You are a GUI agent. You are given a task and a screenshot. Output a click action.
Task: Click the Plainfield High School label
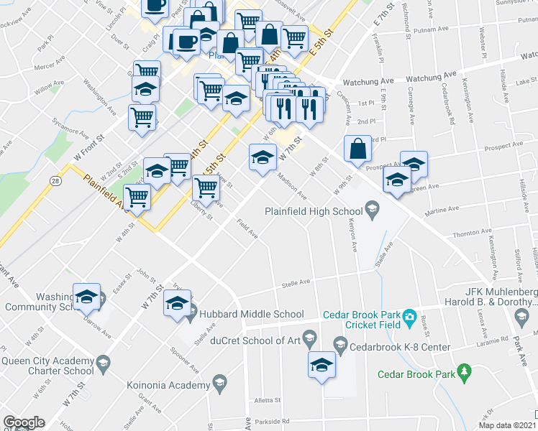[x=313, y=211]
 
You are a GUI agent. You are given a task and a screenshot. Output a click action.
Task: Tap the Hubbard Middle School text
[x=246, y=314]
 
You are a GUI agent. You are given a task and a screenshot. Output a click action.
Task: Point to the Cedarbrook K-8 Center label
[x=400, y=347]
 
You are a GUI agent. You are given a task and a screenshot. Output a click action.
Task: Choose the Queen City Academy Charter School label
[x=47, y=366]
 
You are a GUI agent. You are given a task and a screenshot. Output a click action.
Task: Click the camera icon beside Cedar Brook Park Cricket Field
[x=409, y=316]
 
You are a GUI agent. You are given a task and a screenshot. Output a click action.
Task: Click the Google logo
[x=24, y=422]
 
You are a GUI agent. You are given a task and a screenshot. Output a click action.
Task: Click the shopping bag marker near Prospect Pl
[x=357, y=149]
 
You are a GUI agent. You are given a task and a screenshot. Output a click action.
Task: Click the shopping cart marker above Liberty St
[x=206, y=189]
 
